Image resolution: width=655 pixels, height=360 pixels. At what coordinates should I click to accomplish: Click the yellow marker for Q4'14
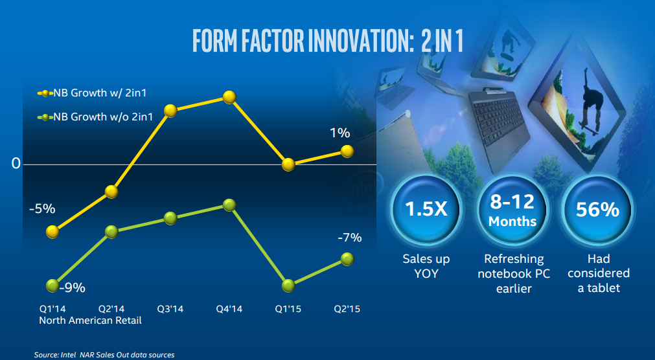229,97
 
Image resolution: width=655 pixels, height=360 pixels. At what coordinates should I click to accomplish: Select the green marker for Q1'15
289,285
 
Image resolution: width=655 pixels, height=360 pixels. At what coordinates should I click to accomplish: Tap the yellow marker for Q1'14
54,232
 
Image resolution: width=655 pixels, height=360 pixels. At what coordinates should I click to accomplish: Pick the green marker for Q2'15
348,259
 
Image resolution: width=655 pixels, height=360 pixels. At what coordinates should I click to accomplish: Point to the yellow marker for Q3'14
170,111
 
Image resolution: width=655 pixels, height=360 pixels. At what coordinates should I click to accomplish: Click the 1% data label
339,133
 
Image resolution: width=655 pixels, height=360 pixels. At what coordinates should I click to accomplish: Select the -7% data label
349,238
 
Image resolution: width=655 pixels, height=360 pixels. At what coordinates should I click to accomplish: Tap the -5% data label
42,209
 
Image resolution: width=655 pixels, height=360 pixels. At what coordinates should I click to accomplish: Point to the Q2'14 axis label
111,309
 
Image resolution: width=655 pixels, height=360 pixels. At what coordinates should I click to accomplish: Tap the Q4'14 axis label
229,309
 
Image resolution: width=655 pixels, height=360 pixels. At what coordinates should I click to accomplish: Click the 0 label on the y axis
16,164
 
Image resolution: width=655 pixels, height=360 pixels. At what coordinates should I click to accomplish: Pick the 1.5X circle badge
426,210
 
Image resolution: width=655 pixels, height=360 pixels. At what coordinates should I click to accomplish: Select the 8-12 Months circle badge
512,210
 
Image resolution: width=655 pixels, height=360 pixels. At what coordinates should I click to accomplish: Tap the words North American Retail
90,320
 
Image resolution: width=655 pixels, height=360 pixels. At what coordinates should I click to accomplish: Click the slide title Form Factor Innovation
327,40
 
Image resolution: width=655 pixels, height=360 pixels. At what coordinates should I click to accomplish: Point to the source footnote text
104,354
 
